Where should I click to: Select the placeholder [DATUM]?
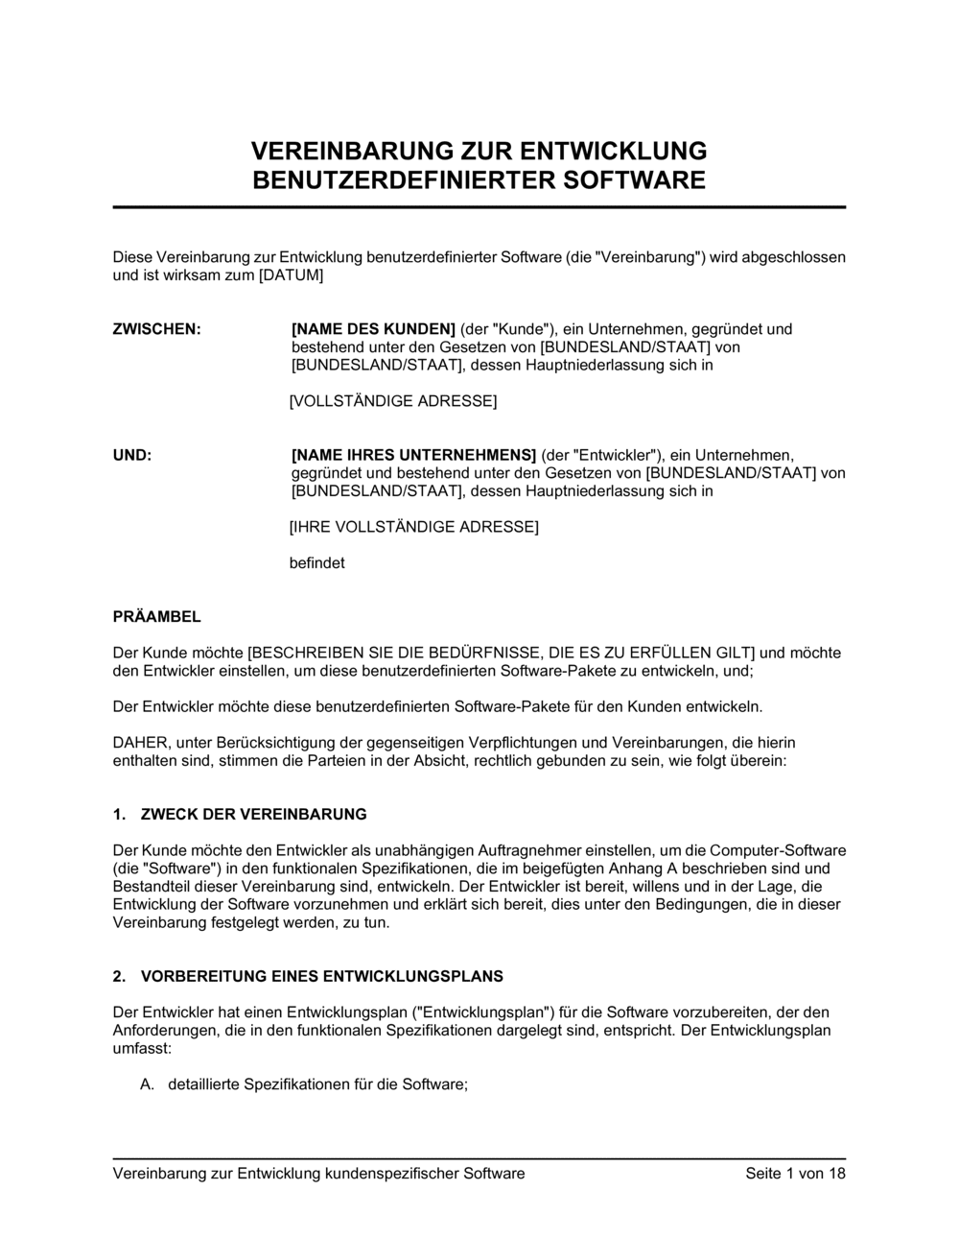(289, 275)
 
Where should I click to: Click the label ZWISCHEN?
(157, 329)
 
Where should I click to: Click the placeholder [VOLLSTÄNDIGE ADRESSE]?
(393, 401)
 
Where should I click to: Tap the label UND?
(132, 455)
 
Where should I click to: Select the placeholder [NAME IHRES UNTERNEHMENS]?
(413, 455)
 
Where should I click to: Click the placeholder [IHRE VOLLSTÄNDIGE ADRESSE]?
(413, 527)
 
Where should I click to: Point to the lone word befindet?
(316, 563)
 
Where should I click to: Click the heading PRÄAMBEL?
(157, 617)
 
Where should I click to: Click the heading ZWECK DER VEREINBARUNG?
(253, 815)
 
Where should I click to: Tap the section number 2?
(119, 977)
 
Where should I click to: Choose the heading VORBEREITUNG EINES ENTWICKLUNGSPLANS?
(321, 977)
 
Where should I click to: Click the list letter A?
(147, 1085)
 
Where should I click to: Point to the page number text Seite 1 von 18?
(795, 1174)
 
